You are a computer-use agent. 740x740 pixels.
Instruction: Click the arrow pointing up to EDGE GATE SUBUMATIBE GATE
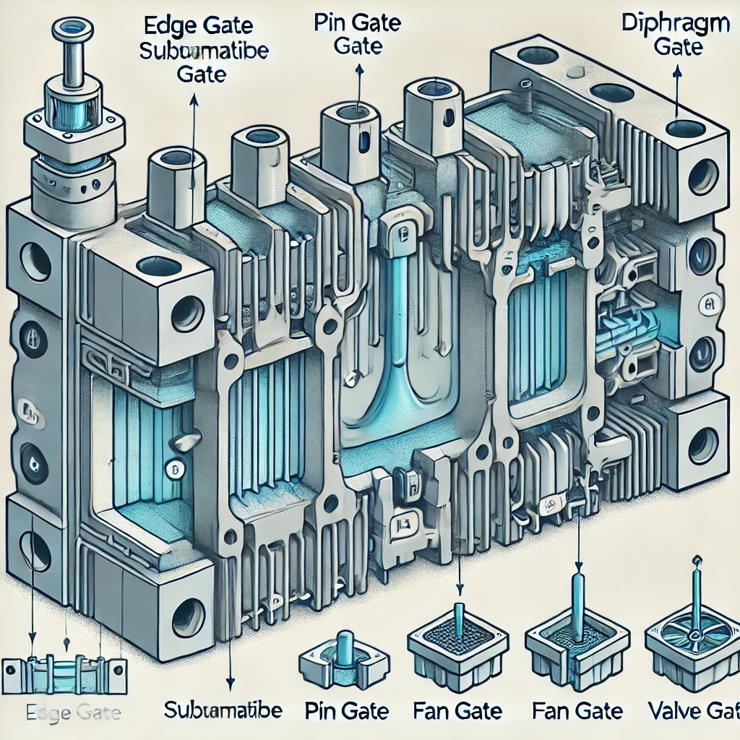(x=193, y=123)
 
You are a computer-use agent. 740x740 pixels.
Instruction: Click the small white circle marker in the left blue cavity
(x=173, y=468)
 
